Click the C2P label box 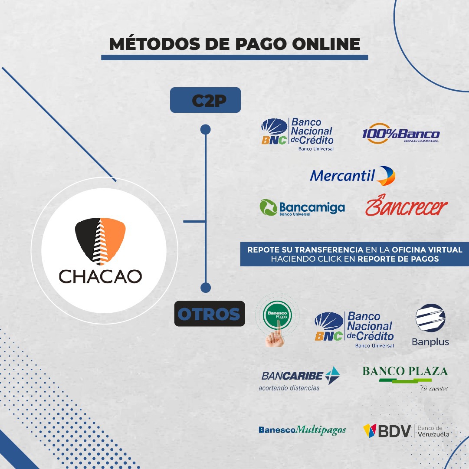pyautogui.click(x=205, y=100)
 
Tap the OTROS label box pyautogui.click(x=210, y=314)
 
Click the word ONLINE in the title pyautogui.click(x=326, y=44)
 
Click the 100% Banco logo pyautogui.click(x=401, y=134)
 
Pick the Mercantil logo pyautogui.click(x=352, y=176)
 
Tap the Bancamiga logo pyautogui.click(x=302, y=207)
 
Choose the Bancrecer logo pyautogui.click(x=407, y=206)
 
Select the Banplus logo pyautogui.click(x=430, y=325)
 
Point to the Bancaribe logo pyautogui.click(x=299, y=379)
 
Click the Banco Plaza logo pyautogui.click(x=405, y=378)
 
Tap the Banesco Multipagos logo pyautogui.click(x=302, y=430)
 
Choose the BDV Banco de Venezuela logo pyautogui.click(x=406, y=431)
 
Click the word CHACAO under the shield pyautogui.click(x=100, y=277)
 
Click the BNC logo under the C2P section pyautogui.click(x=297, y=134)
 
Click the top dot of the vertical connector pyautogui.click(x=206, y=130)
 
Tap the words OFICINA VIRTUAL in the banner pyautogui.click(x=427, y=250)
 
